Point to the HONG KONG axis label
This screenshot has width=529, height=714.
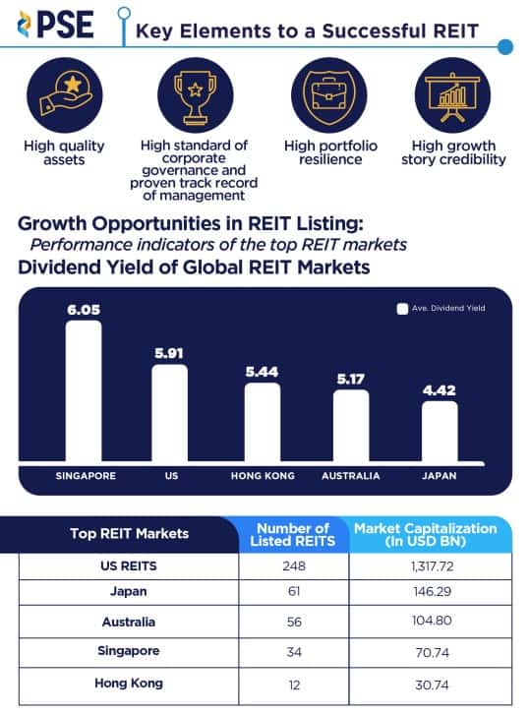pos(261,476)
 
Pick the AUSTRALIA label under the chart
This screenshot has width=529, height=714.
pos(351,476)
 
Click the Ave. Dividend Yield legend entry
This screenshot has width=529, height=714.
pos(441,308)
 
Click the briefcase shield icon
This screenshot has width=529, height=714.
pos(323,91)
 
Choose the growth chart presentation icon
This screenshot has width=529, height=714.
pos(452,91)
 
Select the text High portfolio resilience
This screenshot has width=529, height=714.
pos(323,152)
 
